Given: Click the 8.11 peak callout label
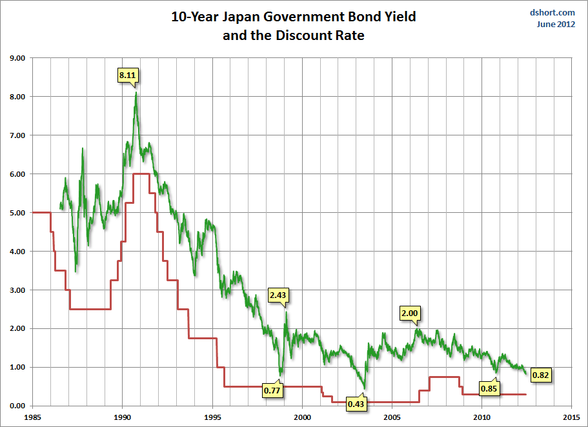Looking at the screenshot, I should pyautogui.click(x=127, y=75).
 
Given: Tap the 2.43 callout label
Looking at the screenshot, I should pyautogui.click(x=278, y=295).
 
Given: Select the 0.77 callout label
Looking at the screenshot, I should pyautogui.click(x=272, y=390).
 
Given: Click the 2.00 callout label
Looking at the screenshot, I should pyautogui.click(x=410, y=313).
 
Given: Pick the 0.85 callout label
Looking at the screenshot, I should pyautogui.click(x=489, y=389).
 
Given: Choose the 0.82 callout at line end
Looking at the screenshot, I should pyautogui.click(x=541, y=375).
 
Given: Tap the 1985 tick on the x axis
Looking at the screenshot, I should pyautogui.click(x=32, y=417).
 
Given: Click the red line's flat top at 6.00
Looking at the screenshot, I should pyautogui.click(x=141, y=174).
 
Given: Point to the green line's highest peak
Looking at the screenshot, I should pyautogui.click(x=136, y=93).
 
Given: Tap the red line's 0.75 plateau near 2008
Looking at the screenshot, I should pyautogui.click(x=444, y=377).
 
